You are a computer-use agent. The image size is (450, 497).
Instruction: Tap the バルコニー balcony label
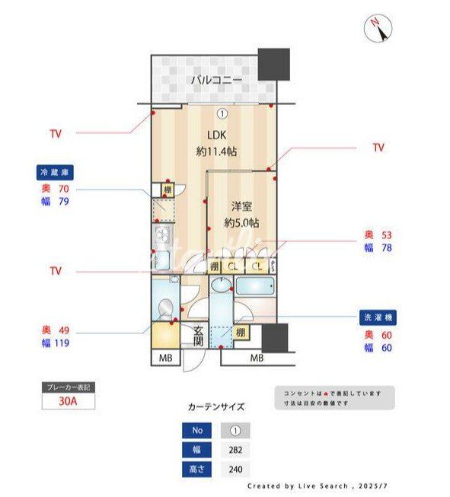tap(216, 79)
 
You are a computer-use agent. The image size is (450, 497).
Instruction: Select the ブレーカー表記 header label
tap(69, 387)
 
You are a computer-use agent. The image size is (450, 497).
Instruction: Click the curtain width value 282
tap(235, 450)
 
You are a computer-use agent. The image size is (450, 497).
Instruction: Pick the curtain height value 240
tap(235, 469)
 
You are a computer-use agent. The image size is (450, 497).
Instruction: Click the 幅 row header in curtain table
tap(197, 450)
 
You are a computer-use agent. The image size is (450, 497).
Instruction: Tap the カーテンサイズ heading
tap(216, 406)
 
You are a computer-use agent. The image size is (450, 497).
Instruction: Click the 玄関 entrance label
tap(197, 336)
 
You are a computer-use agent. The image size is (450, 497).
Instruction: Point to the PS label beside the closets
tap(273, 266)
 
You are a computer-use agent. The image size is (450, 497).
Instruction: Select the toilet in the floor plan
tap(164, 309)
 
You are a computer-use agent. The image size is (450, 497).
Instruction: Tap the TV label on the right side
tap(378, 148)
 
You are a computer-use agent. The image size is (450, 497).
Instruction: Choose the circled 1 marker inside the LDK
tap(222, 114)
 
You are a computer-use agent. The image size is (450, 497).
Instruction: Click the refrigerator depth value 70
tap(64, 188)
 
